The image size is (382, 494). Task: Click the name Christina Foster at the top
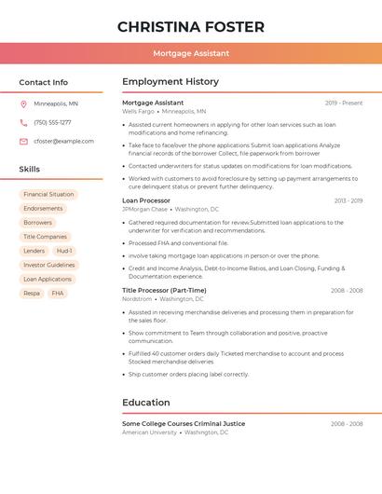(x=191, y=27)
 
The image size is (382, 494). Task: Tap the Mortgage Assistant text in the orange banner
(x=191, y=53)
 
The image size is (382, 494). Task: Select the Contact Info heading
(x=44, y=82)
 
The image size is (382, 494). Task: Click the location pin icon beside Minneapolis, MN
(x=23, y=103)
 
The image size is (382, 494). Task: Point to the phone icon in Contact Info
(x=23, y=122)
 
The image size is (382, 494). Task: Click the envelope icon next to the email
(x=23, y=141)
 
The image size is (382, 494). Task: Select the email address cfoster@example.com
(x=63, y=141)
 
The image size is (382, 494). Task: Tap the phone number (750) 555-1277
(x=52, y=122)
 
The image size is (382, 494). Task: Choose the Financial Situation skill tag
(x=48, y=195)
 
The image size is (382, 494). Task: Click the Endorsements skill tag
(x=43, y=209)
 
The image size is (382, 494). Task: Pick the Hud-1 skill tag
(x=63, y=251)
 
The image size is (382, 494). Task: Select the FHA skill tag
(x=58, y=293)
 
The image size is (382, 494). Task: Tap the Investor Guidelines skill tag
(x=49, y=265)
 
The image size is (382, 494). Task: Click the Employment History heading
(x=171, y=82)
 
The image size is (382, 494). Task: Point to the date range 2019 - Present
(x=344, y=103)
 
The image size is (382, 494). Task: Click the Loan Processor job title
(x=146, y=200)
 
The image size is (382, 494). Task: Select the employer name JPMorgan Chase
(x=144, y=210)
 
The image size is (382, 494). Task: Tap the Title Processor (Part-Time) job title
(x=164, y=290)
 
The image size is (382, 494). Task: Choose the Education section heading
(x=146, y=403)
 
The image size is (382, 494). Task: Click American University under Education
(x=149, y=432)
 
